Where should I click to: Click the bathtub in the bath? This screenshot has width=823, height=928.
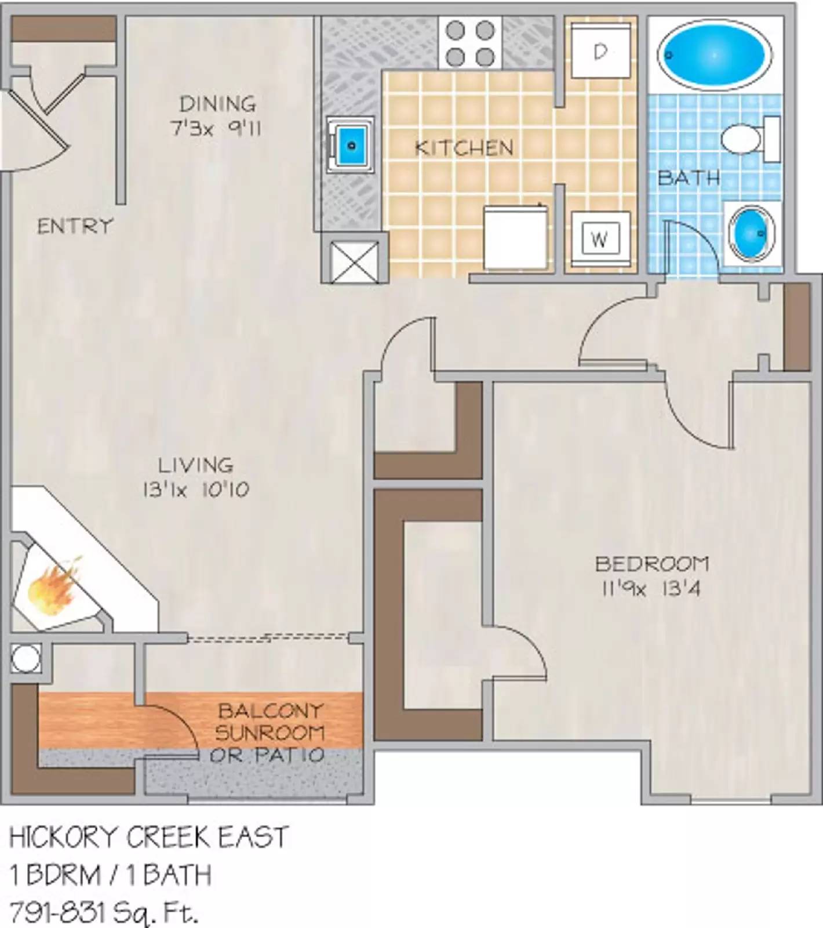(x=714, y=55)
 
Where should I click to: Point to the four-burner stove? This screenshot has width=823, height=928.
(x=470, y=43)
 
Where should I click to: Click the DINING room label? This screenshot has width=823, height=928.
(x=217, y=104)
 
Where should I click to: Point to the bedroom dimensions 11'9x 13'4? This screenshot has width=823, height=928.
(x=651, y=589)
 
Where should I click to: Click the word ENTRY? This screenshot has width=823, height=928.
(x=75, y=226)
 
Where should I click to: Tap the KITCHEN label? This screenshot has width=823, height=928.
(x=464, y=148)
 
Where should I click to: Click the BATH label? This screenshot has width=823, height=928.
(x=689, y=177)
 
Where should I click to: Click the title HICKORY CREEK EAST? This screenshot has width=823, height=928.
(x=148, y=838)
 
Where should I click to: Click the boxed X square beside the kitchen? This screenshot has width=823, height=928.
(x=354, y=262)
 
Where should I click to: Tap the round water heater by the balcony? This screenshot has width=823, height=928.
(x=26, y=659)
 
